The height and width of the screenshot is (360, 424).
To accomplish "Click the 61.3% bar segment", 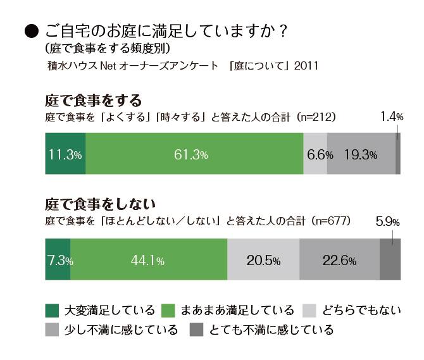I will point(194,154).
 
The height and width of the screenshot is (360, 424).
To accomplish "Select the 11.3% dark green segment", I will point(65,154).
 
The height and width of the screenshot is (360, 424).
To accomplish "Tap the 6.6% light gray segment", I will point(315,154).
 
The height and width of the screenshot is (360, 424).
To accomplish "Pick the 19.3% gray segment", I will point(361,154).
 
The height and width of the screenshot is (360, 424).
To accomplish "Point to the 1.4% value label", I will point(392,116).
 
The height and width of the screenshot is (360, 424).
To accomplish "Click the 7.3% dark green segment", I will point(58,260).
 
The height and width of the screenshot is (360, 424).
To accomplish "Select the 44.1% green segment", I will point(149,260).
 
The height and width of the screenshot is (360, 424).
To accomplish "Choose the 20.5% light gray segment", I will point(263,260).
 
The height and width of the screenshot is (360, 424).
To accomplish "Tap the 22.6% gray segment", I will point(339,260).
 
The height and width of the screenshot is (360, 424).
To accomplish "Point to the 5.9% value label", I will point(388,222).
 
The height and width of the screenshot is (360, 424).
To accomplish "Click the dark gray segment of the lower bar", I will point(390,260).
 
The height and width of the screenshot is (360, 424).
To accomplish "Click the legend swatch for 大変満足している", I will point(53,310).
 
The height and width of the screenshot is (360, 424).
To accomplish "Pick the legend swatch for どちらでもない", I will point(309,310).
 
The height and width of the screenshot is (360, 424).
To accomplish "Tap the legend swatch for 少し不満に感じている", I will point(53,330).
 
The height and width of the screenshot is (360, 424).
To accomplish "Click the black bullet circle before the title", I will point(28,31).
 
